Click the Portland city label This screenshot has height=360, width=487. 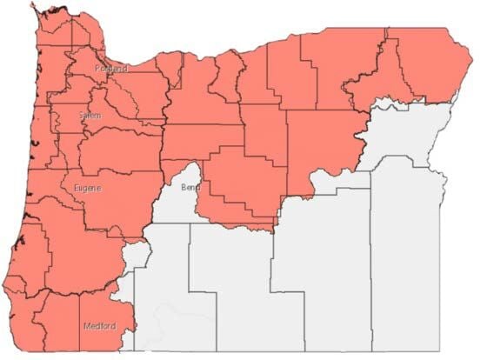coord(110,68)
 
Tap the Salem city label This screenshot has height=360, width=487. coord(63,116)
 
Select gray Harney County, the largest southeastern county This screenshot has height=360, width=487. coord(322,278)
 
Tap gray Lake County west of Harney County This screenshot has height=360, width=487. coord(230,287)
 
